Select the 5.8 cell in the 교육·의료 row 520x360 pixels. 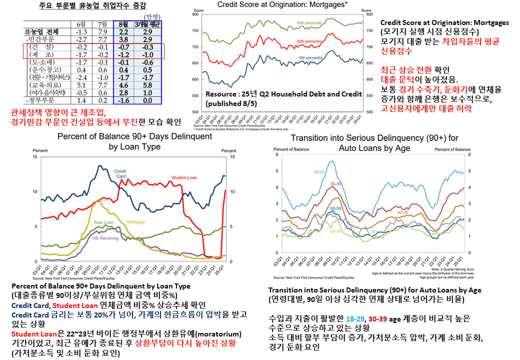click(x=147, y=84)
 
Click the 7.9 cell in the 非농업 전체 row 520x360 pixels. click(x=103, y=31)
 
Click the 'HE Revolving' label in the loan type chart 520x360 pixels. click(x=105, y=238)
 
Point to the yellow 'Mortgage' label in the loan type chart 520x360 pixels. click(x=136, y=221)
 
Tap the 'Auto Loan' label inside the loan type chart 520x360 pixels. click(x=104, y=222)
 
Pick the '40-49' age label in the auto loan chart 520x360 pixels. click(x=402, y=212)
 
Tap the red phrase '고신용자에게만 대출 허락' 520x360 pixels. click(x=425, y=107)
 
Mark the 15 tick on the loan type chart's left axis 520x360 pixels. click(x=34, y=157)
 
